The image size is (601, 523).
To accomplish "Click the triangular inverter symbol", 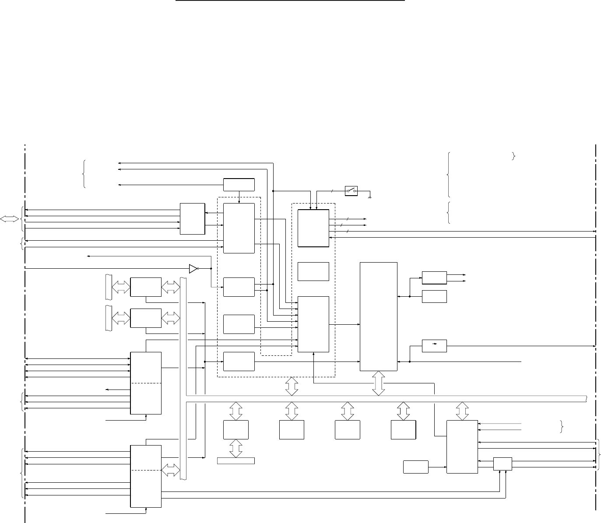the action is pyautogui.click(x=193, y=269).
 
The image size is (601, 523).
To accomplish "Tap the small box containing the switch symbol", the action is pyautogui.click(x=351, y=191).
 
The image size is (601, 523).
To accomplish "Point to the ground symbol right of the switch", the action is pyautogui.click(x=370, y=198).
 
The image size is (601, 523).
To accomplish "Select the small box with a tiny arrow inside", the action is pyautogui.click(x=434, y=345).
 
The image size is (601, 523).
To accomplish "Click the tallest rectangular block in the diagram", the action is pyautogui.click(x=378, y=316).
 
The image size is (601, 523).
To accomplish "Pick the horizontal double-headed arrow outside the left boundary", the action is pyautogui.click(x=10, y=219).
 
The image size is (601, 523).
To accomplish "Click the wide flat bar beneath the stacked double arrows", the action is pyautogui.click(x=236, y=461).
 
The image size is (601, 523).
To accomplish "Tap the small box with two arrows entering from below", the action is pyautogui.click(x=503, y=464).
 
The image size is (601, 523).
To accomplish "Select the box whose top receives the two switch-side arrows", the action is pyautogui.click(x=313, y=228).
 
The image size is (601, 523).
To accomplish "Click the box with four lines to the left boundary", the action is pyautogui.click(x=192, y=218).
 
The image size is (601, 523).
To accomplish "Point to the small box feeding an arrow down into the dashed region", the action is pyautogui.click(x=239, y=185).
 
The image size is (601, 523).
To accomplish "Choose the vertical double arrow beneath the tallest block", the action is pyautogui.click(x=378, y=383).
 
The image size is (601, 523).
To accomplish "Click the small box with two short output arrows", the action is pyautogui.click(x=434, y=277).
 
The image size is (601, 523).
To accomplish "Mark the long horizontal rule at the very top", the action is pyautogui.click(x=290, y=1).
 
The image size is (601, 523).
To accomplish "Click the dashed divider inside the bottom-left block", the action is pyautogui.click(x=146, y=470).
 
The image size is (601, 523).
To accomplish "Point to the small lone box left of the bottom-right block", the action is pyautogui.click(x=415, y=467).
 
